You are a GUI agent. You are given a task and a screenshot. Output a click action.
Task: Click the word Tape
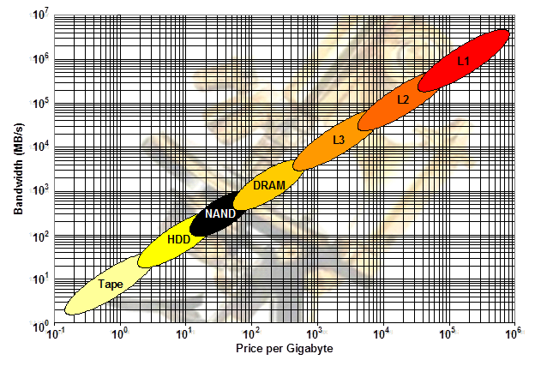point(110,284)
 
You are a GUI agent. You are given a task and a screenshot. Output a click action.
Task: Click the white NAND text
point(220,213)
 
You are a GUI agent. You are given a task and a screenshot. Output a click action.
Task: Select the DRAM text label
point(269,185)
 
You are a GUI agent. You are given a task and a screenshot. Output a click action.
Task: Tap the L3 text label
point(339,140)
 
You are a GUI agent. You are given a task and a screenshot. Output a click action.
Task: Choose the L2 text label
point(403,100)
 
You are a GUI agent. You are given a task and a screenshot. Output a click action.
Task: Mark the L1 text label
point(463,61)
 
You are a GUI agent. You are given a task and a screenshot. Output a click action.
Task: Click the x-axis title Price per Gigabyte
point(285,349)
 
